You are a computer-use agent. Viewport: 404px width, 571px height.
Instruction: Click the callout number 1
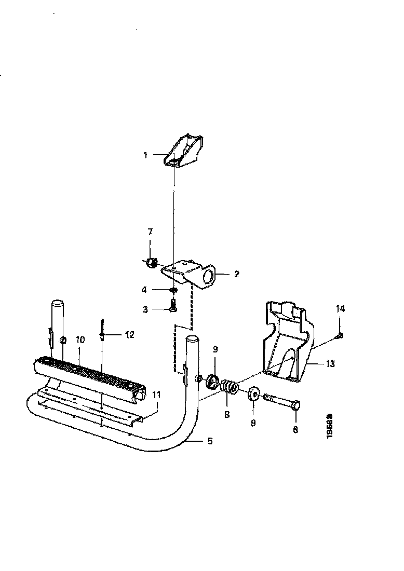tap(146, 155)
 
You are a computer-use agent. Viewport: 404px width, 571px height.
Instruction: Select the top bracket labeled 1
tap(185, 151)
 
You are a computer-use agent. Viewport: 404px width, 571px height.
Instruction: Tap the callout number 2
tap(236, 274)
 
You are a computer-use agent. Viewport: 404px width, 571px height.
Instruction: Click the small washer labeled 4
tap(174, 290)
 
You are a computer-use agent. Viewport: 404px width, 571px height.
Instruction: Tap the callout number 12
tap(129, 335)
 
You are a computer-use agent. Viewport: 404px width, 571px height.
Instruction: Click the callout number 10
tap(80, 340)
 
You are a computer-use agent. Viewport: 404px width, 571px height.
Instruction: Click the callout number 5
tap(210, 441)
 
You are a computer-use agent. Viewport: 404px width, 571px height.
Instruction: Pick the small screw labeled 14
tap(339, 335)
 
